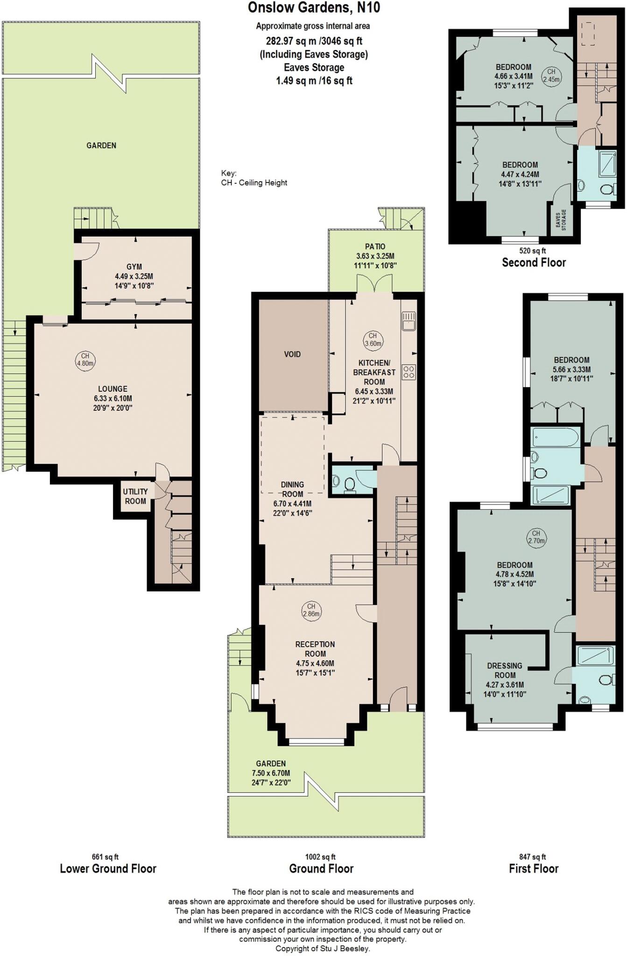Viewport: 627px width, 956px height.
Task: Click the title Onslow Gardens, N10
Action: pyautogui.click(x=313, y=8)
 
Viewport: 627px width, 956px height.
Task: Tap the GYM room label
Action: pyautogui.click(x=134, y=267)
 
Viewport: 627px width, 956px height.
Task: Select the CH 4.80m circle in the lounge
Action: pyautogui.click(x=85, y=360)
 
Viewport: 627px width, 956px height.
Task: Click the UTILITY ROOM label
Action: pyautogui.click(x=135, y=496)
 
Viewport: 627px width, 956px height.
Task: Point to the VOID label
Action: pyautogui.click(x=292, y=354)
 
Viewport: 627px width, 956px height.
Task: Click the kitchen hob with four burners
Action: pyautogui.click(x=409, y=372)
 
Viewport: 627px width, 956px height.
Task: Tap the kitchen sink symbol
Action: pyautogui.click(x=409, y=321)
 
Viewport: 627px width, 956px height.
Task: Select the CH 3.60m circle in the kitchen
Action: pyautogui.click(x=373, y=340)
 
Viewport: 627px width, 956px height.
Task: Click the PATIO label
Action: pyautogui.click(x=375, y=246)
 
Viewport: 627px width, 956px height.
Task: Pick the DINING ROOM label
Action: pyautogui.click(x=292, y=489)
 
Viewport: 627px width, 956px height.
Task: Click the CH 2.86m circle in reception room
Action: pyautogui.click(x=311, y=610)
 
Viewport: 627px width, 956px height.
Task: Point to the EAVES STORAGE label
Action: pyautogui.click(x=561, y=219)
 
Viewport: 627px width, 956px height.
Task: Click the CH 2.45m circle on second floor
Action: pyautogui.click(x=551, y=75)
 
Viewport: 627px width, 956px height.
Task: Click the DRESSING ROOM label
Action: pyautogui.click(x=504, y=670)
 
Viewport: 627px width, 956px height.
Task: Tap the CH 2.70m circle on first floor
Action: pyautogui.click(x=536, y=537)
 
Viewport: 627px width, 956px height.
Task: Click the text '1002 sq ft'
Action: pyautogui.click(x=320, y=857)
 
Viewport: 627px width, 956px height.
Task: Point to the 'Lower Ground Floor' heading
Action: pyautogui.click(x=108, y=869)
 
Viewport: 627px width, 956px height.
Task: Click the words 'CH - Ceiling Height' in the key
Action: pyautogui.click(x=254, y=183)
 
